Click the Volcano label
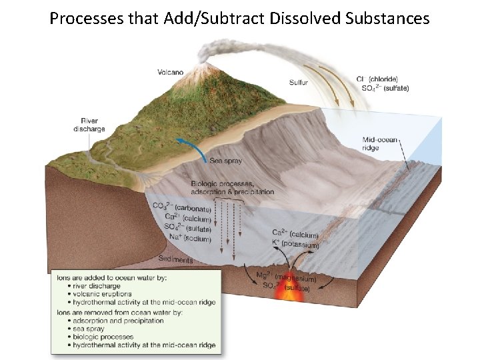[x=171, y=72]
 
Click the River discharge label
[x=89, y=125]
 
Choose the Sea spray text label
[x=225, y=161]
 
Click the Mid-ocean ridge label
[x=380, y=143]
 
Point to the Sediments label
[x=176, y=260]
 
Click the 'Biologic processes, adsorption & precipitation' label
[x=232, y=187]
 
